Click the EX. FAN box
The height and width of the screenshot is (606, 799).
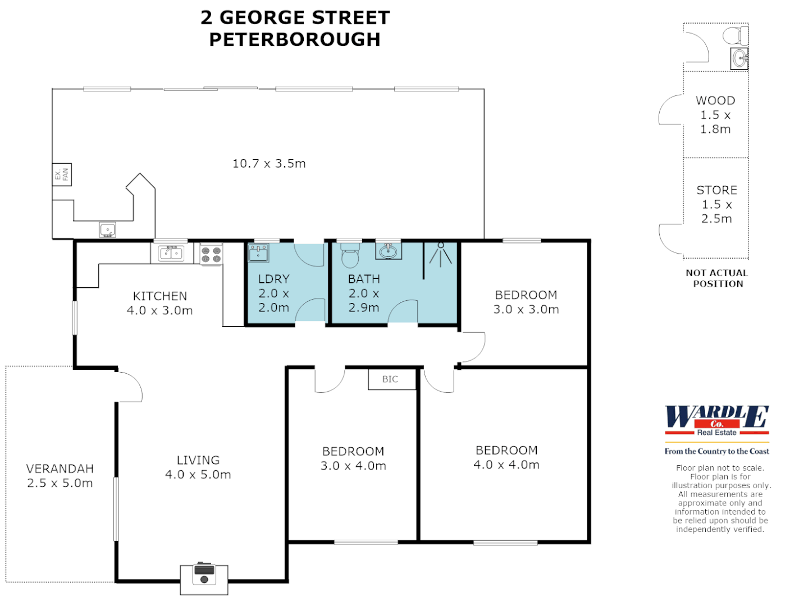(x=62, y=175)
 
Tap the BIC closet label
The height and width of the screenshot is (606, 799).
(x=390, y=379)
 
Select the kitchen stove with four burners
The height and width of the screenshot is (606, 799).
(x=212, y=254)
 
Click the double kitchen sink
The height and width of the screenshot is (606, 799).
(x=171, y=253)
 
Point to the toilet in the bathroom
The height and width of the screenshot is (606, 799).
(x=350, y=255)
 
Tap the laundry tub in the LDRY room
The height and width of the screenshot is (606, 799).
(x=258, y=253)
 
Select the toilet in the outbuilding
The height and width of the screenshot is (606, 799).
(x=734, y=35)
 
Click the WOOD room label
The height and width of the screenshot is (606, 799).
(x=715, y=101)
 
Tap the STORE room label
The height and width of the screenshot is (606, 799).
(x=717, y=190)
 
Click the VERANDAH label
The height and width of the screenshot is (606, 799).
(x=60, y=469)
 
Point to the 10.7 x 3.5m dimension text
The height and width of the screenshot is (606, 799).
(x=269, y=164)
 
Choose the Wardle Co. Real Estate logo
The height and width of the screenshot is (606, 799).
(x=717, y=421)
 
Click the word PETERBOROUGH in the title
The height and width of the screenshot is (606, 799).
(x=295, y=40)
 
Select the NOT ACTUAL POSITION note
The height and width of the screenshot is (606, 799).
(x=717, y=278)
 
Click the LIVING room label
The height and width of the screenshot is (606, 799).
(x=198, y=461)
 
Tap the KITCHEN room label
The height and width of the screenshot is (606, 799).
(x=160, y=296)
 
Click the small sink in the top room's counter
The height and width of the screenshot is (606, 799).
(x=107, y=229)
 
